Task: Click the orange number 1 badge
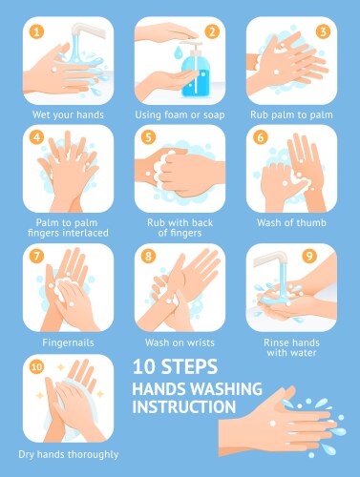tap(37, 31)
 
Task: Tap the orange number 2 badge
tap(211, 31)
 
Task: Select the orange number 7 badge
tap(37, 256)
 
